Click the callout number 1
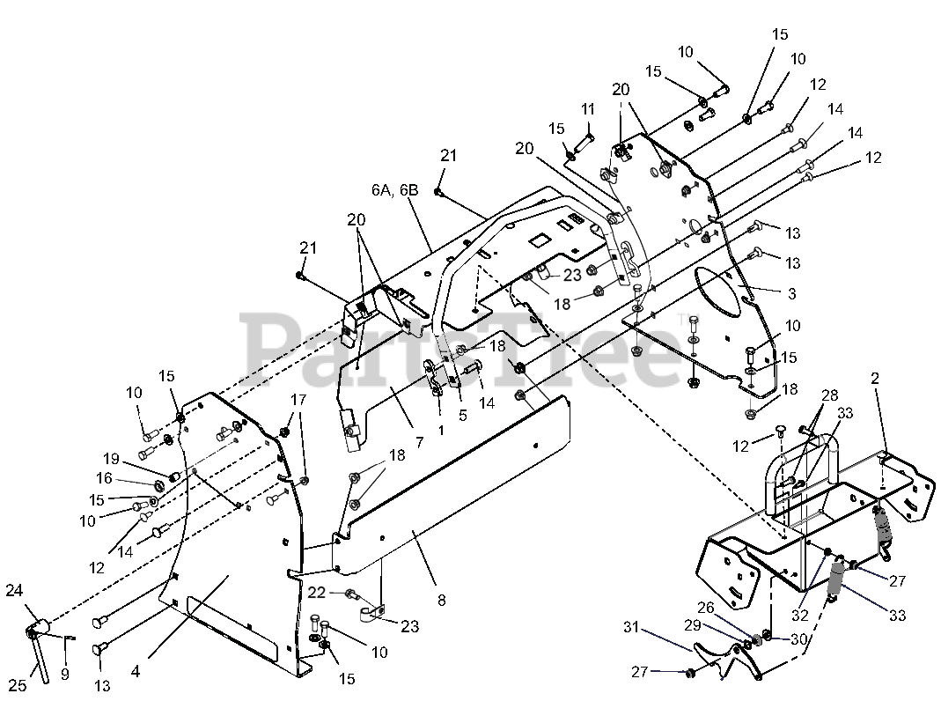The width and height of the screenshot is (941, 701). [x=441, y=431]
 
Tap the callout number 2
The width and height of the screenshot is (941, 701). [x=875, y=379]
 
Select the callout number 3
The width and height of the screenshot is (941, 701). [x=792, y=293]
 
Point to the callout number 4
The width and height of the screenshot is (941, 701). [x=136, y=671]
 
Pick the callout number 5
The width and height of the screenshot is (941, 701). [x=463, y=416]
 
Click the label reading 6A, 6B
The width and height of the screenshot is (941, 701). [x=395, y=190]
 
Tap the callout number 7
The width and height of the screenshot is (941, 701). [x=419, y=442]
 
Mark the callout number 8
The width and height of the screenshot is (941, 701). [x=442, y=600]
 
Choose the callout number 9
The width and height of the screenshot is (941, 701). [x=65, y=674]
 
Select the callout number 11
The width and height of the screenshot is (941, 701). [x=587, y=109]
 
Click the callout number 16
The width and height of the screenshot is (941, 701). [x=105, y=478]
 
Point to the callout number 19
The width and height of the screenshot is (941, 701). [x=111, y=459]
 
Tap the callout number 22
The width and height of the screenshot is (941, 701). [x=316, y=593]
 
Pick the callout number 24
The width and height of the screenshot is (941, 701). [x=14, y=591]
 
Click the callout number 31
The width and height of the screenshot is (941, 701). [x=631, y=627]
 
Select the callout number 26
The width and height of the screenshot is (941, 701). [x=706, y=608]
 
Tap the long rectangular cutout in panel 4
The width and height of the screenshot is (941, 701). [x=233, y=627]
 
